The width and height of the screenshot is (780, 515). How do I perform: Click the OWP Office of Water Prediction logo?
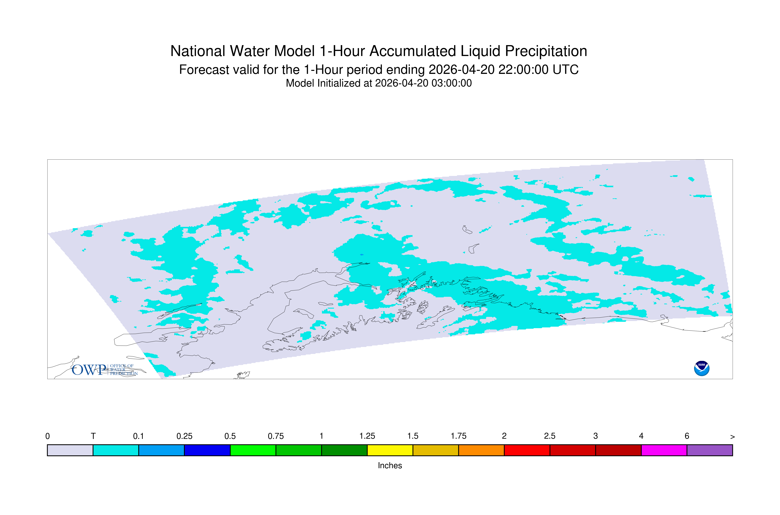tap(105, 370)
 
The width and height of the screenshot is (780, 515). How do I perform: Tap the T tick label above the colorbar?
tap(93, 436)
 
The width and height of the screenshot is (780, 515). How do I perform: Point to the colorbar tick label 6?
tap(687, 436)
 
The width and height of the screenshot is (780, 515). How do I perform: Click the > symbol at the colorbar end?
tap(732, 437)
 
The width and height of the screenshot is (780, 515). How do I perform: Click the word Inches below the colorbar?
tap(390, 465)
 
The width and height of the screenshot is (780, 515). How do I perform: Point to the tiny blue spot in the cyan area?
tap(362, 254)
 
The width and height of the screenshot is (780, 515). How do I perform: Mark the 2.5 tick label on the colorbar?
tap(550, 436)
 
